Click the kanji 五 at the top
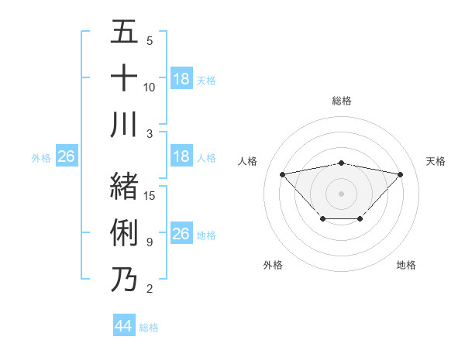124,33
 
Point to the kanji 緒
124,186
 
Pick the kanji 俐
124,232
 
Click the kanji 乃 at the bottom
124,278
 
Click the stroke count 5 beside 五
150,41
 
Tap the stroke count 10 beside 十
150,87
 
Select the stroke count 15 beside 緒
150,196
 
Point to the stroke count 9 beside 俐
149,242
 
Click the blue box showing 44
124,326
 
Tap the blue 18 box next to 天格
181,79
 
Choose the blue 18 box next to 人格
181,157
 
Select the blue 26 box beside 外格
66,157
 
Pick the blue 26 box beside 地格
181,234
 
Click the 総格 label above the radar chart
342,101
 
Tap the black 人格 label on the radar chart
248,161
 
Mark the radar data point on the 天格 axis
401,174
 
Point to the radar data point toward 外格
322,219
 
